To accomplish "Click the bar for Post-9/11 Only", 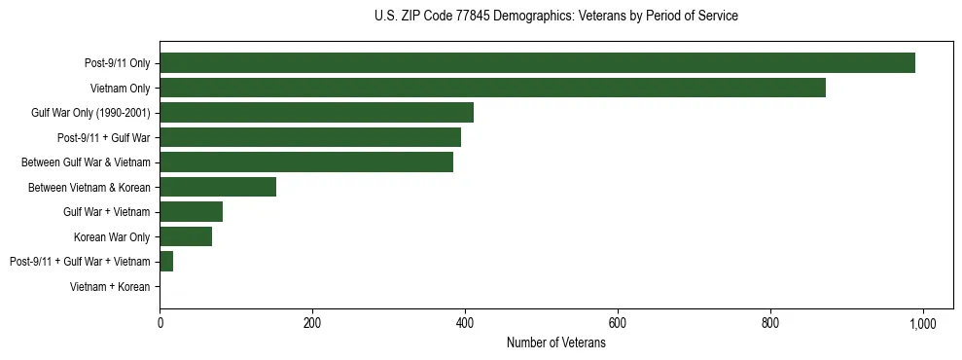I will (x=537, y=63).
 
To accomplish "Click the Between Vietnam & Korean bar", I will (x=218, y=187).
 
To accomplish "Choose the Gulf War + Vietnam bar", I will (x=191, y=211).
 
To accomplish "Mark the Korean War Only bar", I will (x=186, y=236).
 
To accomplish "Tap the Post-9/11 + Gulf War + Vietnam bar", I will (x=166, y=261).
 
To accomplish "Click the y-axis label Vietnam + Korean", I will (x=110, y=286).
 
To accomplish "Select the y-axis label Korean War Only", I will (x=112, y=236).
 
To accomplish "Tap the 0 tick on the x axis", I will (x=160, y=322).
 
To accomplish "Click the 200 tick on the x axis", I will (x=312, y=322).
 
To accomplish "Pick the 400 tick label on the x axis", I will (x=465, y=322).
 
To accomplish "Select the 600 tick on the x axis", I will (x=618, y=322).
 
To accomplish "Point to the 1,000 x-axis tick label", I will (x=922, y=322).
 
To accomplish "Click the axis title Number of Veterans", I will (x=555, y=343).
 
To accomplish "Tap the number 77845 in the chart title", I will (x=475, y=17).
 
